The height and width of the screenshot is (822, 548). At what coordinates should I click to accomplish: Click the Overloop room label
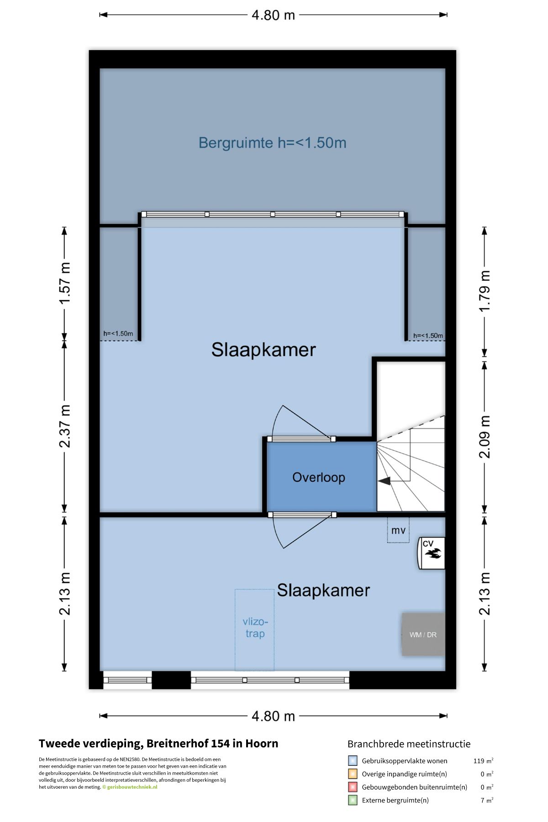319,478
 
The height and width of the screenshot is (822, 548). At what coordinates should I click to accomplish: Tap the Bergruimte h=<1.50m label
273,143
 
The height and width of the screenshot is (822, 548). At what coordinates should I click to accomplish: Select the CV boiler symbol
432,553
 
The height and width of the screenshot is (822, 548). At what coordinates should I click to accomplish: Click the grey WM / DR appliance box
423,634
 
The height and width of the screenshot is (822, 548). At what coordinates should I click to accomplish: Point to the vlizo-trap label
255,627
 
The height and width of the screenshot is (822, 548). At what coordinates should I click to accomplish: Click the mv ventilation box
398,530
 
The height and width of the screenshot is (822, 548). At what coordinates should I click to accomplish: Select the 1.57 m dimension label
65,283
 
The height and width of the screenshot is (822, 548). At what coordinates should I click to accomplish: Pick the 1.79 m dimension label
485,291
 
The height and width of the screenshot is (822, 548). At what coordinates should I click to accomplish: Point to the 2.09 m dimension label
485,437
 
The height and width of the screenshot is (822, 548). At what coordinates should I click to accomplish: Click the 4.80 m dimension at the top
273,15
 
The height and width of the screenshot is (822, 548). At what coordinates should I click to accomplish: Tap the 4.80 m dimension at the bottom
273,716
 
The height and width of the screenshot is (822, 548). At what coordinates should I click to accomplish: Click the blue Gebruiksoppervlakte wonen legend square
353,761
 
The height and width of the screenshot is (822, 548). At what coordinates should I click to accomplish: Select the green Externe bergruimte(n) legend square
353,800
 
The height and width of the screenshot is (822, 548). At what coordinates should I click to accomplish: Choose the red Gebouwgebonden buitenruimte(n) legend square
353,787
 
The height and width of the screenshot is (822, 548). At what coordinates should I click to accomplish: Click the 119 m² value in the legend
483,761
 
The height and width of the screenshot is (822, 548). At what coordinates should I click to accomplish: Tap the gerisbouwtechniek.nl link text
132,787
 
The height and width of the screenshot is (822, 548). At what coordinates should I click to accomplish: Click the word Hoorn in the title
262,743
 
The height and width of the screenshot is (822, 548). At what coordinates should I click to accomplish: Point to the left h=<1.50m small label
118,333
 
